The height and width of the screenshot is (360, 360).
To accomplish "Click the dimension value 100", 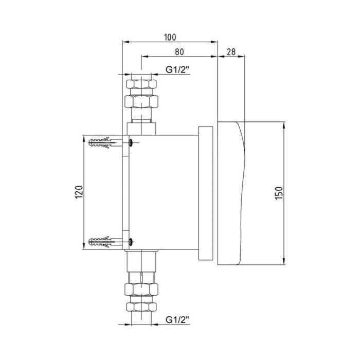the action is [x=170, y=37].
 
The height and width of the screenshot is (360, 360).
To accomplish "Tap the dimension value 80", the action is [x=179, y=52].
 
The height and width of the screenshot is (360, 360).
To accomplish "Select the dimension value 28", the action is [x=231, y=52].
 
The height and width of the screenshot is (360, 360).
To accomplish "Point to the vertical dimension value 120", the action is [x=79, y=192].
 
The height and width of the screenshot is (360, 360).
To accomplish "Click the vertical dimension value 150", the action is [x=279, y=193].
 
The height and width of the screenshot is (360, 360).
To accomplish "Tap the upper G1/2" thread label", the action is [x=177, y=69].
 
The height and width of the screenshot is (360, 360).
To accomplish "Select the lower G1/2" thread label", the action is [x=177, y=319].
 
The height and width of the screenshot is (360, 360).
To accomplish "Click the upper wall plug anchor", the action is [x=105, y=142].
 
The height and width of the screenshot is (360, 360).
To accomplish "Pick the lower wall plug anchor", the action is [x=105, y=242].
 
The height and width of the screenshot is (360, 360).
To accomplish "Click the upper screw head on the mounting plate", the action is [x=131, y=143].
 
